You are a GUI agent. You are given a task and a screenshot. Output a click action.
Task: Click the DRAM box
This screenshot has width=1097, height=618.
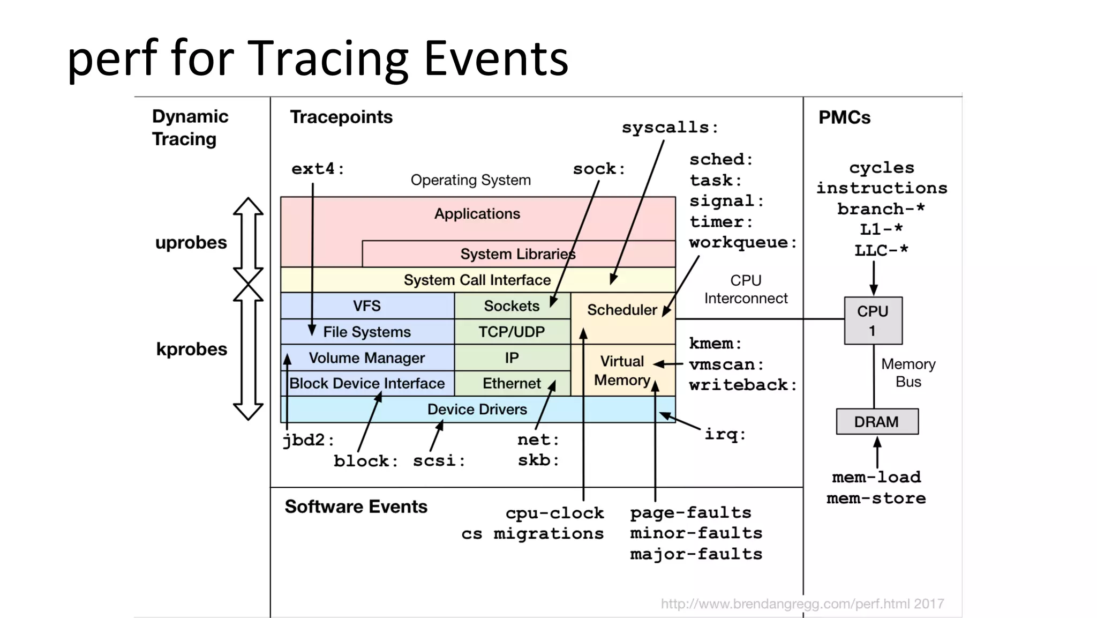point(877,422)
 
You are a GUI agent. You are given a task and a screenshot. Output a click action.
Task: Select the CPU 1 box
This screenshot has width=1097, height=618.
point(873,321)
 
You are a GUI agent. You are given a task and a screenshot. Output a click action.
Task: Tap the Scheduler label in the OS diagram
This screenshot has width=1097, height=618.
point(621,310)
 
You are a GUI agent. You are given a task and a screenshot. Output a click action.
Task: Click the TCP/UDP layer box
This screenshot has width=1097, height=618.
point(512,332)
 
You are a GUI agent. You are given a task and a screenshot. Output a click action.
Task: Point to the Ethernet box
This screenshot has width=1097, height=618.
point(512,383)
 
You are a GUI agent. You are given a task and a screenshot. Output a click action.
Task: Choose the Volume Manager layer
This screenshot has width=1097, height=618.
point(366,358)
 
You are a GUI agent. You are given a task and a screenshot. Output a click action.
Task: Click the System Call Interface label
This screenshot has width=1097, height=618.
point(477,280)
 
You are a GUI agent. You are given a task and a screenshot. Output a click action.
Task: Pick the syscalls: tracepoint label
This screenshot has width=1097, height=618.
point(669,128)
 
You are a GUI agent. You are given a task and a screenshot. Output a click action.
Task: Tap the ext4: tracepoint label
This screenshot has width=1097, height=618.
point(318,169)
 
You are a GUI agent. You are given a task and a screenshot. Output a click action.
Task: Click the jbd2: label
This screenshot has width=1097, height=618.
point(308,440)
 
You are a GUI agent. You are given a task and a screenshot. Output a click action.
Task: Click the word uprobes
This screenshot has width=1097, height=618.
point(191,243)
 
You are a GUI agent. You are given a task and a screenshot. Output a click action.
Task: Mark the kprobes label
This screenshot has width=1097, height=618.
point(191,349)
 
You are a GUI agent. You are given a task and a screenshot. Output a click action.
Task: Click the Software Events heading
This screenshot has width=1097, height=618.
point(356,507)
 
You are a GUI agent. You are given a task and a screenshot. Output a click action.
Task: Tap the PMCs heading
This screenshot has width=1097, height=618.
point(844,117)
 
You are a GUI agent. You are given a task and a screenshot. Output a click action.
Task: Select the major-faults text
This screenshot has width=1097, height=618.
point(696,554)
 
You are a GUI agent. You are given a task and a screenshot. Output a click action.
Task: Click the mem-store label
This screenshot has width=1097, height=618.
point(876,498)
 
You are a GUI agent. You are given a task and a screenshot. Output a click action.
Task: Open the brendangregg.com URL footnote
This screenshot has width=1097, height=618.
point(802,604)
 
